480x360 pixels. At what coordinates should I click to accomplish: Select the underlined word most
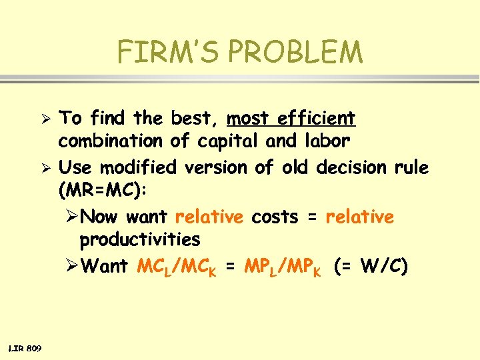pyautogui.click(x=247, y=119)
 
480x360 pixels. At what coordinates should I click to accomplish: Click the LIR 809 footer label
pyautogui.click(x=25, y=348)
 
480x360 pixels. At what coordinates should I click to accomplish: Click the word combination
pyautogui.click(x=110, y=141)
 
